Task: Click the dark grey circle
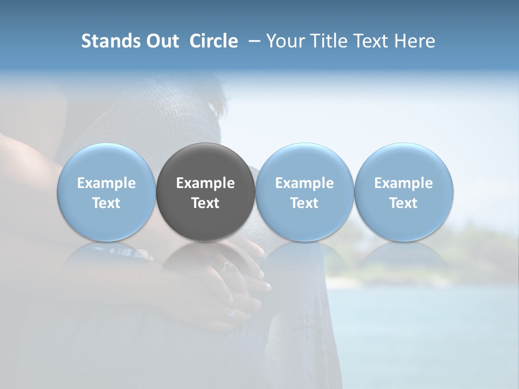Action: click(x=205, y=192)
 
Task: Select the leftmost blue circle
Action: click(x=107, y=192)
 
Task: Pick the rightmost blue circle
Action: click(x=403, y=192)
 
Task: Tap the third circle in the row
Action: click(x=304, y=192)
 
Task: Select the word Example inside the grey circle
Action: click(x=205, y=184)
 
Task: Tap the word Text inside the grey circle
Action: click(x=205, y=203)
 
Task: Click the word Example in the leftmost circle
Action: click(x=107, y=184)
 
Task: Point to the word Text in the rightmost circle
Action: click(x=403, y=203)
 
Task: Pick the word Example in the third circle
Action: click(x=304, y=184)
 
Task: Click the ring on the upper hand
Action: click(x=227, y=266)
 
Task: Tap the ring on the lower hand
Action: click(x=230, y=314)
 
